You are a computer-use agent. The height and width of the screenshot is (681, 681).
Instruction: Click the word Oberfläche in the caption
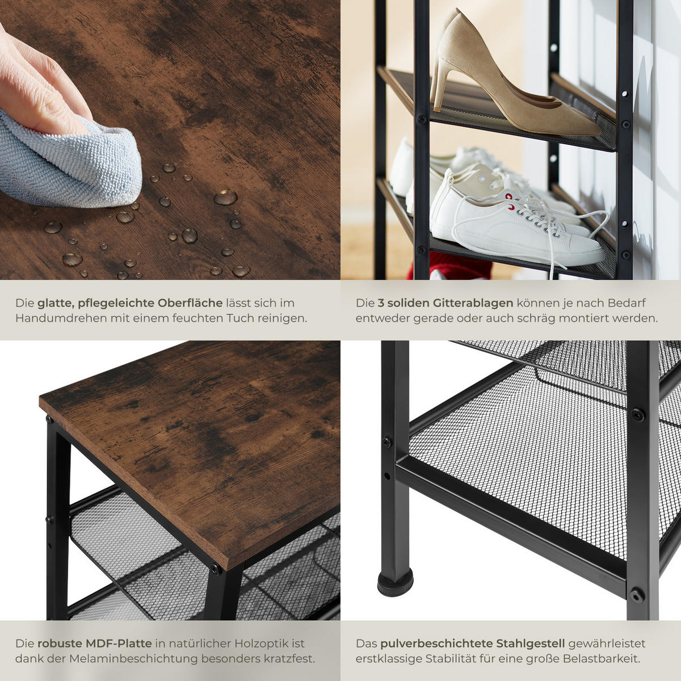click(190, 303)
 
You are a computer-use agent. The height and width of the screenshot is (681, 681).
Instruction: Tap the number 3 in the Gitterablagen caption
click(381, 303)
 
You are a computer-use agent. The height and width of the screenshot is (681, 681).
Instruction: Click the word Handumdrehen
click(60, 318)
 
